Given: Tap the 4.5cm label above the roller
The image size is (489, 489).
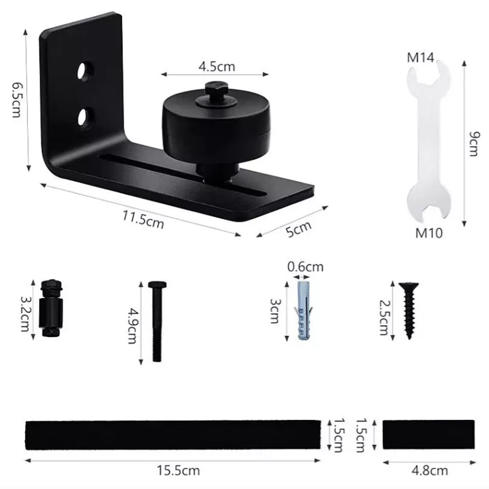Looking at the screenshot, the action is click(217, 66).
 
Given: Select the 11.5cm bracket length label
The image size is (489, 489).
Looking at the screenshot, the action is click(143, 220).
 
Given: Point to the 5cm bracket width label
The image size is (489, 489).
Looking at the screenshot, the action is click(298, 229).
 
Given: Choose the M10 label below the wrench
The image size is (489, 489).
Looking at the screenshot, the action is click(429, 233).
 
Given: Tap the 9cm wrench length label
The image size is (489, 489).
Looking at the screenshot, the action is click(474, 143).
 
